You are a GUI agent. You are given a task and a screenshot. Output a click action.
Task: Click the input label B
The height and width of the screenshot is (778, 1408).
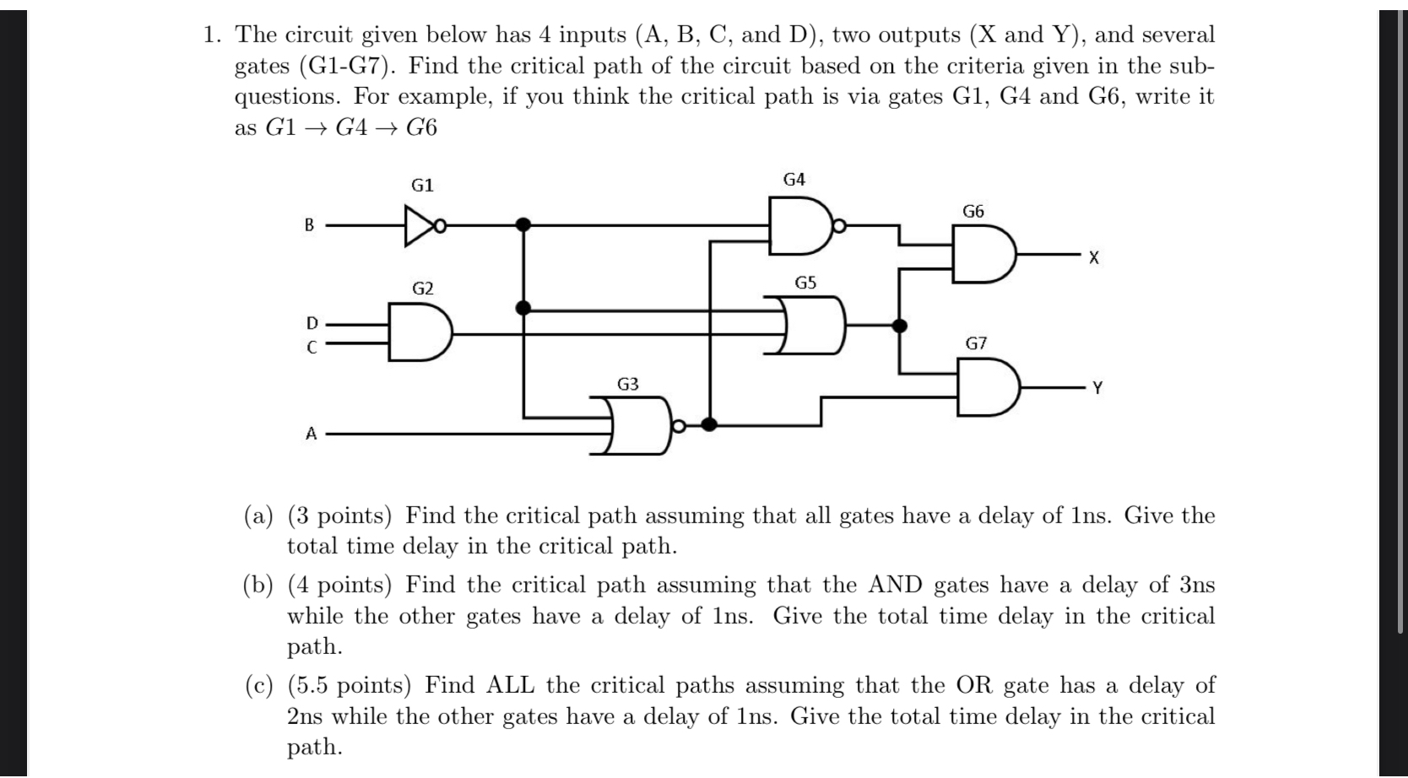[x=309, y=225]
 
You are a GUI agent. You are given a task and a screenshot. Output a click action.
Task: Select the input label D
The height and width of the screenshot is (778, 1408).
[x=311, y=323]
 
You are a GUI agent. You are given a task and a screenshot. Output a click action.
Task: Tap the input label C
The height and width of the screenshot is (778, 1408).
[x=311, y=347]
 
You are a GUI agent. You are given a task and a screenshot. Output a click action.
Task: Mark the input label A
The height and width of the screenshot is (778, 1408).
[x=311, y=435]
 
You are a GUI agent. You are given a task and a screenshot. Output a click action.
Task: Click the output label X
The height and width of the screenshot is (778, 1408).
[x=1094, y=258]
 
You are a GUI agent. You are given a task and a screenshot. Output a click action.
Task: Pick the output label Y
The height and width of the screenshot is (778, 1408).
[x=1097, y=388]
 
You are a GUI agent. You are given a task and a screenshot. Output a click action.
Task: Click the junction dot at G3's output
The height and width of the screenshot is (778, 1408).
[x=710, y=424]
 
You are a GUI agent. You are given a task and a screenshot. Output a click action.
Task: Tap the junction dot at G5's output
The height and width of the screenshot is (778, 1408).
[x=900, y=326]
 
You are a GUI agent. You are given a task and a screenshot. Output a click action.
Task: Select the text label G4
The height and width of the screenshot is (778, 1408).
[x=793, y=179]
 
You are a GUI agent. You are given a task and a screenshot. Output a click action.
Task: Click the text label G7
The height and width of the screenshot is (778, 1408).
[x=976, y=343]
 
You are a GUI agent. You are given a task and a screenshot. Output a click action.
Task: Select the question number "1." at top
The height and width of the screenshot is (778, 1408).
[x=213, y=35]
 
